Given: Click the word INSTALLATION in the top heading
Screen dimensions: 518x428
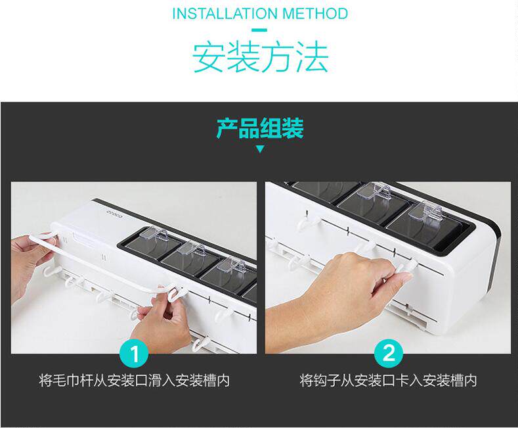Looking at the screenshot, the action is [225, 14].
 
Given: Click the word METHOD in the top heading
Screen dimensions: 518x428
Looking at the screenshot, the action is [315, 14].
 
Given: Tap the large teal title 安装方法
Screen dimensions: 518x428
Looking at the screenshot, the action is [261, 57].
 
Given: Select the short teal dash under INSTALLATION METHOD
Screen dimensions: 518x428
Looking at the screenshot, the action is [260, 30].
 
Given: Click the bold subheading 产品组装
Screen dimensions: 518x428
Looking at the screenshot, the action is [260, 128].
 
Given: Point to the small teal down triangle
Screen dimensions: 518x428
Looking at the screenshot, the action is [261, 149].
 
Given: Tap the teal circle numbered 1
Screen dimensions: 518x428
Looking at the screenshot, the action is [135, 353].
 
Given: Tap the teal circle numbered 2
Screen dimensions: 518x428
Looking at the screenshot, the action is [389, 353].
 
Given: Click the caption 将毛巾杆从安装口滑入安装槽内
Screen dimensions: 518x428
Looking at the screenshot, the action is [135, 381].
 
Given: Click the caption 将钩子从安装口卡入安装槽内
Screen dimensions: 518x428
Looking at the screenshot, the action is [389, 381].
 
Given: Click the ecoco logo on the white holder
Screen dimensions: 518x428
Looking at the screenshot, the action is [115, 216].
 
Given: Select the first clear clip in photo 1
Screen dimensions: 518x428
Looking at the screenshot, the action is [154, 235].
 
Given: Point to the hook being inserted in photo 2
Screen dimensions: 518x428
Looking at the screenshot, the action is [407, 269].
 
